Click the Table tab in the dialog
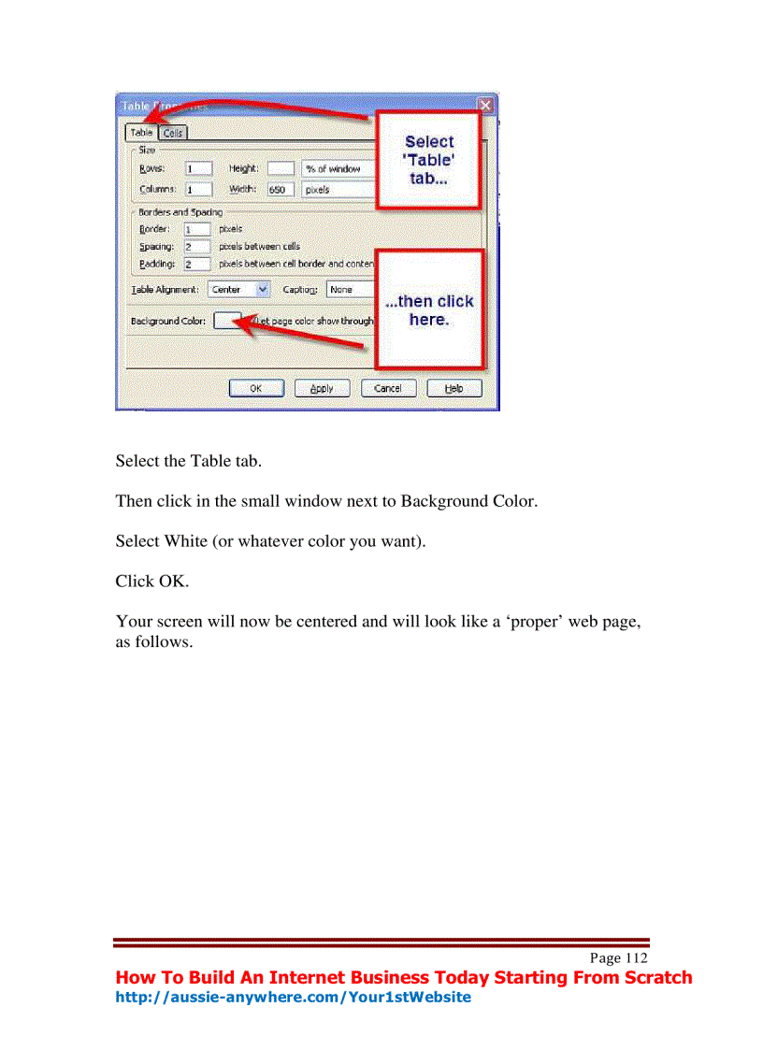[141, 133]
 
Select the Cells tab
[173, 133]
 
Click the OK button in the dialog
[255, 388]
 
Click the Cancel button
[388, 388]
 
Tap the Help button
[454, 388]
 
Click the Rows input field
[198, 169]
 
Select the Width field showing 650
[281, 190]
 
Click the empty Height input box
[281, 169]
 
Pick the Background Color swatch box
[226, 321]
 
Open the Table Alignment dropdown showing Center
[239, 290]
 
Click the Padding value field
[197, 265]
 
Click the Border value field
[197, 229]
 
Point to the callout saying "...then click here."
[429, 309]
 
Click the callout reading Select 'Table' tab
[429, 160]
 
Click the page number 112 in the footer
[636, 958]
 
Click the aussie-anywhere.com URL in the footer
[293, 998]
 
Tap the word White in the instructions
[186, 540]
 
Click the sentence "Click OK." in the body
[151, 581]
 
